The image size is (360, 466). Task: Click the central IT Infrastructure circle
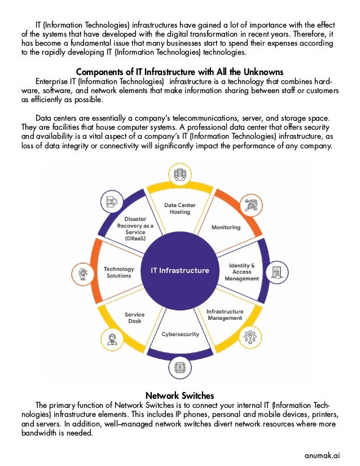point(179,270)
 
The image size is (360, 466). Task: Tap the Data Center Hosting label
point(177,208)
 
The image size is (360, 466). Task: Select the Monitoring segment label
point(226,227)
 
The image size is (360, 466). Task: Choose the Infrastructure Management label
point(225,315)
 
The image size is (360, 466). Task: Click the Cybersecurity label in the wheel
point(181,334)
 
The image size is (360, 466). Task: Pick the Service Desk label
point(134,318)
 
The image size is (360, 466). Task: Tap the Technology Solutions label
point(118,272)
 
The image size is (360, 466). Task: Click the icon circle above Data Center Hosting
point(180,175)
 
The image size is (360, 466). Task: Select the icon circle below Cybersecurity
point(180,368)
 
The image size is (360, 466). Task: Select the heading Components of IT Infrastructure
point(180,72)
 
